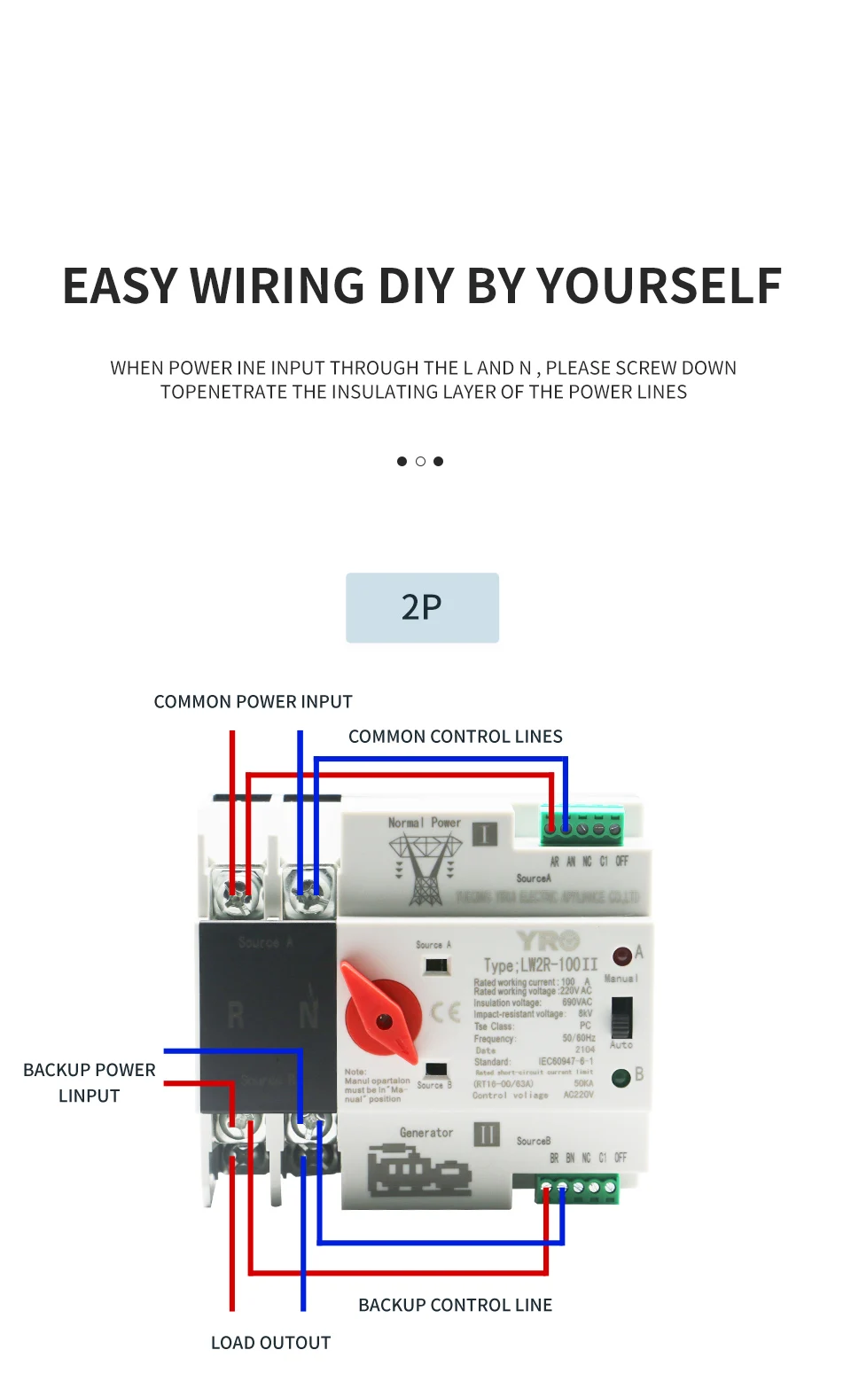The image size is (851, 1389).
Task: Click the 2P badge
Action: point(422,607)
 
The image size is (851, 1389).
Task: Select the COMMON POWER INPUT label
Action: point(253,701)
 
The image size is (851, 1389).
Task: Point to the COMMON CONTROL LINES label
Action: point(455,737)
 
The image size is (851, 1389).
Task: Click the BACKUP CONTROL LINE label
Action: point(455,1305)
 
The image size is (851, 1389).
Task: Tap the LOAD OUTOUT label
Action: point(270,1343)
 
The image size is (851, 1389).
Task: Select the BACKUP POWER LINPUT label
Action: point(89,1082)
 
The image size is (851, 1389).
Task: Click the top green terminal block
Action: point(582,827)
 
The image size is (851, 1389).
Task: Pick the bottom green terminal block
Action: point(577,1189)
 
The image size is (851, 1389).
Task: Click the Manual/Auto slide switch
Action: point(621,1017)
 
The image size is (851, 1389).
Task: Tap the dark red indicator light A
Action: point(622,956)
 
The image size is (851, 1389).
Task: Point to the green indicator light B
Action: point(621,1078)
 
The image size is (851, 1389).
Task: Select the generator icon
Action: point(418,1171)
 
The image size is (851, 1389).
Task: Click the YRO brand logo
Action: point(549,940)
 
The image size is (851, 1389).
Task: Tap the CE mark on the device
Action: point(445,1012)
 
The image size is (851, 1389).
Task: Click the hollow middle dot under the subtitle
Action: point(420,461)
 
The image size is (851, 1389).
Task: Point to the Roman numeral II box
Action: point(487,1135)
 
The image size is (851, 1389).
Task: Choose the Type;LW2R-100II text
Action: point(540,964)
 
